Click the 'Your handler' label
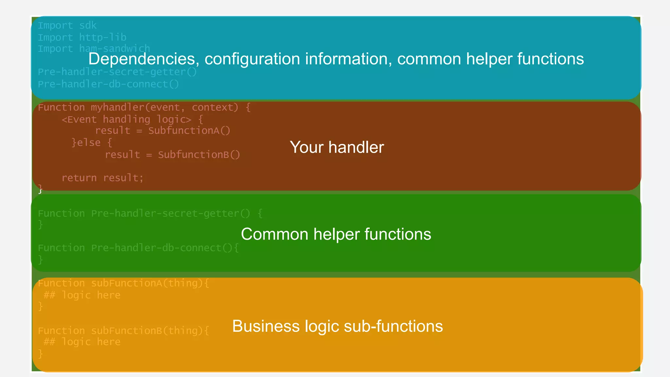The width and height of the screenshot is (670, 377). coord(337,147)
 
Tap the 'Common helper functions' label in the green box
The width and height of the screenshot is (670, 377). coord(336,234)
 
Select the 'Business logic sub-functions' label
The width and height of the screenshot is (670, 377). coord(337,326)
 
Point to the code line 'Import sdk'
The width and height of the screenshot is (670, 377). coord(67,26)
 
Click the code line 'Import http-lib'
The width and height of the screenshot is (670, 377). coord(82,37)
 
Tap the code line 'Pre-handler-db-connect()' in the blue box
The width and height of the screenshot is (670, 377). coord(108,84)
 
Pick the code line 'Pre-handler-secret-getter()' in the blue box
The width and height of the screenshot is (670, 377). coord(117,72)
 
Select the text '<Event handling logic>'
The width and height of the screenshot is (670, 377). coord(126,119)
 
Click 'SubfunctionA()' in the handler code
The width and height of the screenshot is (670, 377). coord(189,131)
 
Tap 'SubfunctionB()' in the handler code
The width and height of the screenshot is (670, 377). coord(199,154)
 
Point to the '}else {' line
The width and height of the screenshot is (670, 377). coord(92,143)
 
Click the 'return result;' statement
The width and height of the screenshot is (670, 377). coord(102,178)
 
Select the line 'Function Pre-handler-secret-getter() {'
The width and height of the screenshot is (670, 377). coord(150,213)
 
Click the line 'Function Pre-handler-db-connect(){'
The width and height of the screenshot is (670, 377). coord(138,248)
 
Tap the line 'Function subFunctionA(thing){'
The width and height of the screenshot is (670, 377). coord(123,283)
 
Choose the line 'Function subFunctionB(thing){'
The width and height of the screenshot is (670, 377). coord(123,331)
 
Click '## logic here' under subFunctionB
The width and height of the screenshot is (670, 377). coord(82,342)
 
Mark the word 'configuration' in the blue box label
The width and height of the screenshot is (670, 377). coord(252,59)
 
